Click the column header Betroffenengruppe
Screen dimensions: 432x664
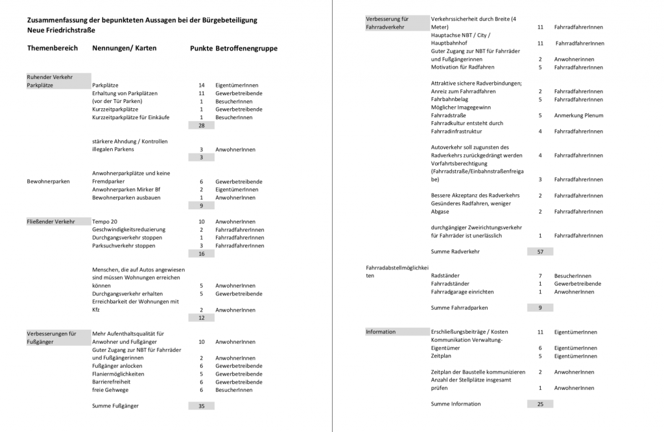coord(246,49)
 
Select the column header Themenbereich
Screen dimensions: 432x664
coord(53,49)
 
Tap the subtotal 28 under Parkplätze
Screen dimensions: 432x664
coord(202,125)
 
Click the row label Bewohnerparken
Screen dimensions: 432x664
coord(49,181)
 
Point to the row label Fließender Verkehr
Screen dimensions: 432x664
coord(51,222)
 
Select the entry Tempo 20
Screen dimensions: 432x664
coord(105,222)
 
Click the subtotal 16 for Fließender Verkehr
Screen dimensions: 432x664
coord(202,254)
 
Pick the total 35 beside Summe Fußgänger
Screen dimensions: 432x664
coord(202,406)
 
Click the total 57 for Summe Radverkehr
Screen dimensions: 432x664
coord(540,251)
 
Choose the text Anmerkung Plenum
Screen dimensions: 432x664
coord(578,115)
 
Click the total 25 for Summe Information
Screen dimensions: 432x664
coord(540,404)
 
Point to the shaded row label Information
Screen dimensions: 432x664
coord(381,332)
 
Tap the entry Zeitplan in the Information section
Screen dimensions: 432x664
coord(441,356)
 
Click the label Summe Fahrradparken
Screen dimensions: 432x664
coord(459,308)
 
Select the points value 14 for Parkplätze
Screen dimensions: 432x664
coord(202,85)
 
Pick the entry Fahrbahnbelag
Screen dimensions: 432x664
coord(449,99)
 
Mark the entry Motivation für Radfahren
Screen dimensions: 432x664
coord(462,67)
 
